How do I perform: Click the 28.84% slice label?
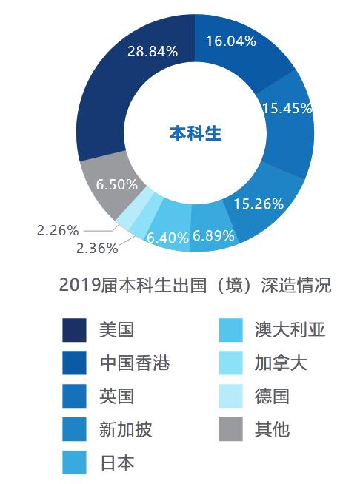[152, 52]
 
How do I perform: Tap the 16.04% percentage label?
[230, 41]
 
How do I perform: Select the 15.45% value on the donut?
[287, 108]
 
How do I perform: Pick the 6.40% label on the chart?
[168, 238]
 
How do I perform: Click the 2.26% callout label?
[56, 230]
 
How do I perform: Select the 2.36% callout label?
[97, 249]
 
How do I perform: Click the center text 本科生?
[196, 134]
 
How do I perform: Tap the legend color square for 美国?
[74, 330]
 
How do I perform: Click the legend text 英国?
[116, 396]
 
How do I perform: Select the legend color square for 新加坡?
[74, 429]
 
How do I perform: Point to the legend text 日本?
[116, 463]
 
